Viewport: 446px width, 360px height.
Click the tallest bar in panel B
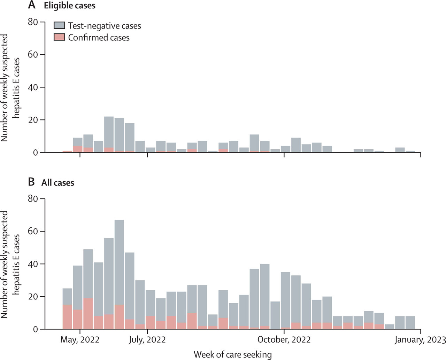119,272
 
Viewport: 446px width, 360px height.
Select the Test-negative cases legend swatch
59,25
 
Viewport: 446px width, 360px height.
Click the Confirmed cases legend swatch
59,37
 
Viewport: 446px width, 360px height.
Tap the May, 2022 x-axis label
80,340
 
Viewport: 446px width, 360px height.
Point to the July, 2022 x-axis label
147,340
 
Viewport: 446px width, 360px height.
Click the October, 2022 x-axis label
284,340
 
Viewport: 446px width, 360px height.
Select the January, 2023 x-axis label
420,340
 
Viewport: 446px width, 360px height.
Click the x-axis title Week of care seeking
232,354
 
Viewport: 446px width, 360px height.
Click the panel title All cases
57,182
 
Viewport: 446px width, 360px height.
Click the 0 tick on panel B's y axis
36,329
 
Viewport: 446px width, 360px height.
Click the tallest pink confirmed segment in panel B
88,313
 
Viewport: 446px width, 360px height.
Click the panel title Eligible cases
70,6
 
